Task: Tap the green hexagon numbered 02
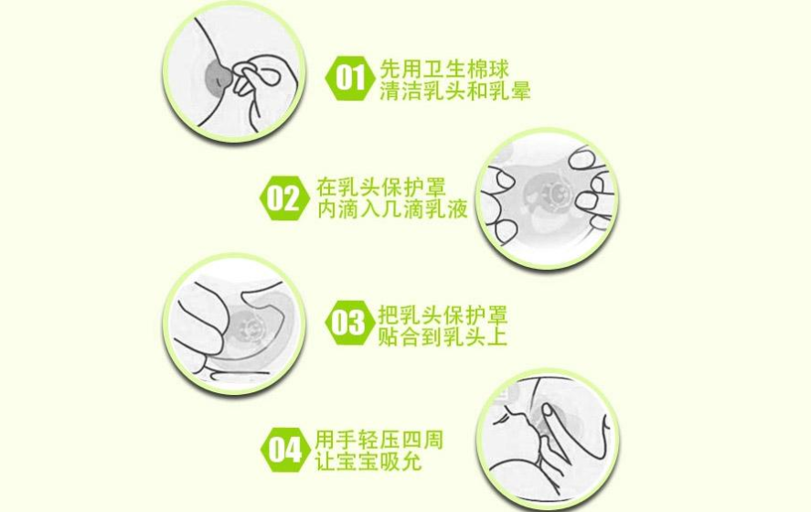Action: [283, 198]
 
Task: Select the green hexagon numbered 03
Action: [348, 323]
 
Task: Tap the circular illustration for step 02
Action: [548, 198]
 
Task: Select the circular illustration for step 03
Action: [233, 325]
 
